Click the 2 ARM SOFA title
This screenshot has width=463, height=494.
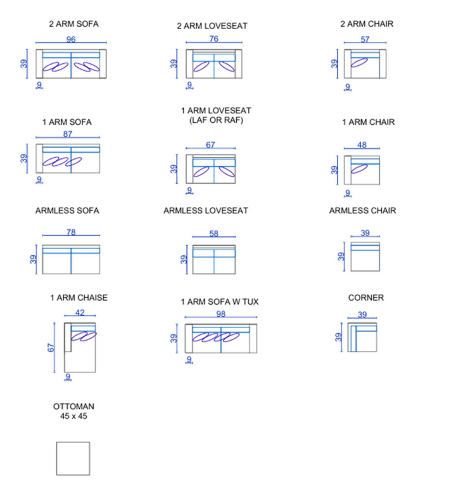pos(73,24)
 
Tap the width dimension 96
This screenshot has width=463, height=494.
pos(71,39)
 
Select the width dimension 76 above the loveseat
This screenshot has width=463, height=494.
pos(213,39)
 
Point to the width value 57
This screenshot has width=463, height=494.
pos(365,39)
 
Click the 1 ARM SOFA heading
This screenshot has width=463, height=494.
pos(67,122)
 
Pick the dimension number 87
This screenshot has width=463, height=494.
pos(68,134)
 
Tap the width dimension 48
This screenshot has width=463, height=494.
pos(362,145)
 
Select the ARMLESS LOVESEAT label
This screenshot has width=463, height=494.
pos(206,210)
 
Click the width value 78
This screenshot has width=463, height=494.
pos(71,232)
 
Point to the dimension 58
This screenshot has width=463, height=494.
pos(214,234)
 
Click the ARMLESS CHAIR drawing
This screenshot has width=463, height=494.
pos(365,257)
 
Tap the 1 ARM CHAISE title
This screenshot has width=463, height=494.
pos(79,298)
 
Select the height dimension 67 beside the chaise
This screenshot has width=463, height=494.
pos(53,347)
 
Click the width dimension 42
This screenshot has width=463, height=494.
pos(80,313)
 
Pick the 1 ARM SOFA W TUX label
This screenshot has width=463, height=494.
pos(219,302)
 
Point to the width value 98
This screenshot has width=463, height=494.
pos(220,314)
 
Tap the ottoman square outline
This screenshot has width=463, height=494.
pos(72,459)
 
